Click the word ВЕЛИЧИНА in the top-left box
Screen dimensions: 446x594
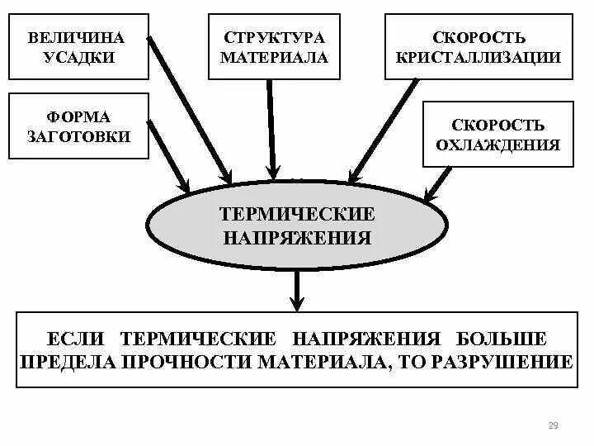(76, 38)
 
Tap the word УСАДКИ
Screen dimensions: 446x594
(76, 58)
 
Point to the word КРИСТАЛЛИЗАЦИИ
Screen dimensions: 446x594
(478, 58)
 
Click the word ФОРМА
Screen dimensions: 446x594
(79, 117)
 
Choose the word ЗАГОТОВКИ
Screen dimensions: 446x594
(79, 137)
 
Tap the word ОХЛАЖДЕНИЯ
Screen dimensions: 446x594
(497, 145)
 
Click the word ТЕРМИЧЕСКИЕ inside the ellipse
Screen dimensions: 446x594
(297, 215)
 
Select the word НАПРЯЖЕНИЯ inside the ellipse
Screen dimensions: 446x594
(297, 238)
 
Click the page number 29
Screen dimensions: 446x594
(553, 426)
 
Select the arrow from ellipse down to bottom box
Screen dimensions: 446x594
(297, 289)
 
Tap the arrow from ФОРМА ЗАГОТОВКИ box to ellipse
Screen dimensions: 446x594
(170, 159)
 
